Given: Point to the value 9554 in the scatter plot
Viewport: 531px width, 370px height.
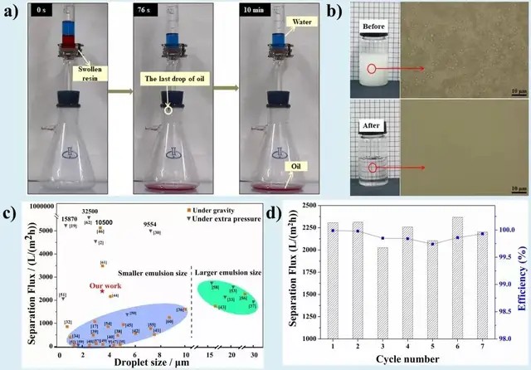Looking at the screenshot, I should point(153,224).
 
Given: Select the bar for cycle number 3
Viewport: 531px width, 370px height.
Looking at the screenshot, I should point(358,293).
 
